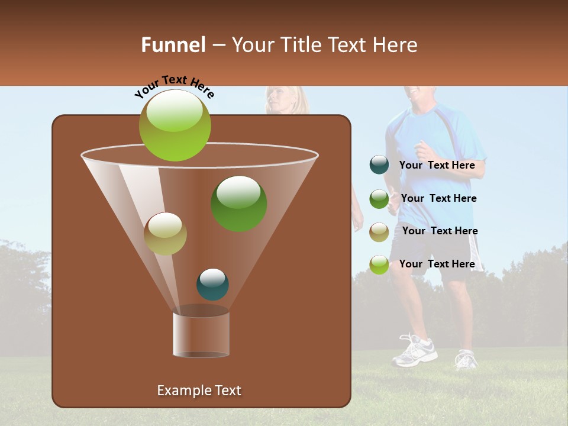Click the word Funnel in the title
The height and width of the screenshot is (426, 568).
tap(173, 45)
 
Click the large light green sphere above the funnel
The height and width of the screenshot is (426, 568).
tap(175, 125)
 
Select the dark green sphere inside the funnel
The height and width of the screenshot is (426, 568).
tap(238, 204)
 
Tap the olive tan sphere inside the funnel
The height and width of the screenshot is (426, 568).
tap(165, 234)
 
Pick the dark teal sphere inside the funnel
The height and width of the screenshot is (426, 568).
tap(212, 285)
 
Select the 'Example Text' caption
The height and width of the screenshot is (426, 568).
tap(199, 390)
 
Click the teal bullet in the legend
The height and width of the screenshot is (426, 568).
tap(379, 165)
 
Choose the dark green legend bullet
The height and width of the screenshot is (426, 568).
tap(379, 199)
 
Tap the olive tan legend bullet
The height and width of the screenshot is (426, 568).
tap(379, 232)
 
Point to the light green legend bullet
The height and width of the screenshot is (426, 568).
tap(379, 264)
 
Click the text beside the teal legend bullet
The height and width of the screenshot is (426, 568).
tap(437, 165)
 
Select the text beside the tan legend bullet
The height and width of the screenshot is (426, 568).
tap(440, 231)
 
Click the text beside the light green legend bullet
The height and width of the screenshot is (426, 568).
tap(437, 264)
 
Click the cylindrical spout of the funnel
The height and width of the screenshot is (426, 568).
tap(201, 334)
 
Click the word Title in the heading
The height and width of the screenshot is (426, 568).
tap(301, 45)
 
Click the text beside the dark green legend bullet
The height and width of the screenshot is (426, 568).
tap(438, 198)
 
